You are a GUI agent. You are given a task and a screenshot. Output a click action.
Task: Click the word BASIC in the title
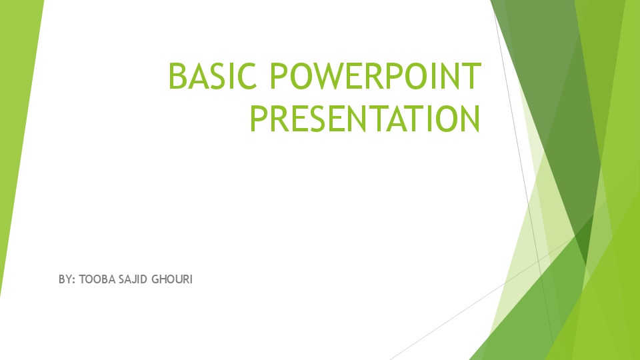point(213,76)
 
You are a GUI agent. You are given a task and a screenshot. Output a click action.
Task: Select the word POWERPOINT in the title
point(375,76)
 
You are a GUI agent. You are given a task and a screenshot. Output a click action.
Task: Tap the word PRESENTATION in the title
point(365,119)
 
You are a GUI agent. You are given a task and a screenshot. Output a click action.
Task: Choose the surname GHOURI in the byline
point(173,279)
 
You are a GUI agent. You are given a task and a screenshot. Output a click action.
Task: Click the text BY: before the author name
point(67,279)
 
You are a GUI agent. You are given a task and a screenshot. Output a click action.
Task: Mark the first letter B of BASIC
point(178,76)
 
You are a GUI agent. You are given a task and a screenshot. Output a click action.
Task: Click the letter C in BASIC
point(247,76)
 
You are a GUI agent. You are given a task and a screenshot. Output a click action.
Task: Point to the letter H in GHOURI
point(163,279)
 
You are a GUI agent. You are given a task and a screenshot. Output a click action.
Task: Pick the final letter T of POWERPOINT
point(471,76)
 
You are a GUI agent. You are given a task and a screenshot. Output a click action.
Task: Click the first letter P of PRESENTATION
point(259,119)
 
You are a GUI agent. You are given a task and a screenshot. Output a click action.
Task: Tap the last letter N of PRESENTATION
point(469,119)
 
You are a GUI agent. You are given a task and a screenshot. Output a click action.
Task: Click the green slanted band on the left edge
point(17,133)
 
